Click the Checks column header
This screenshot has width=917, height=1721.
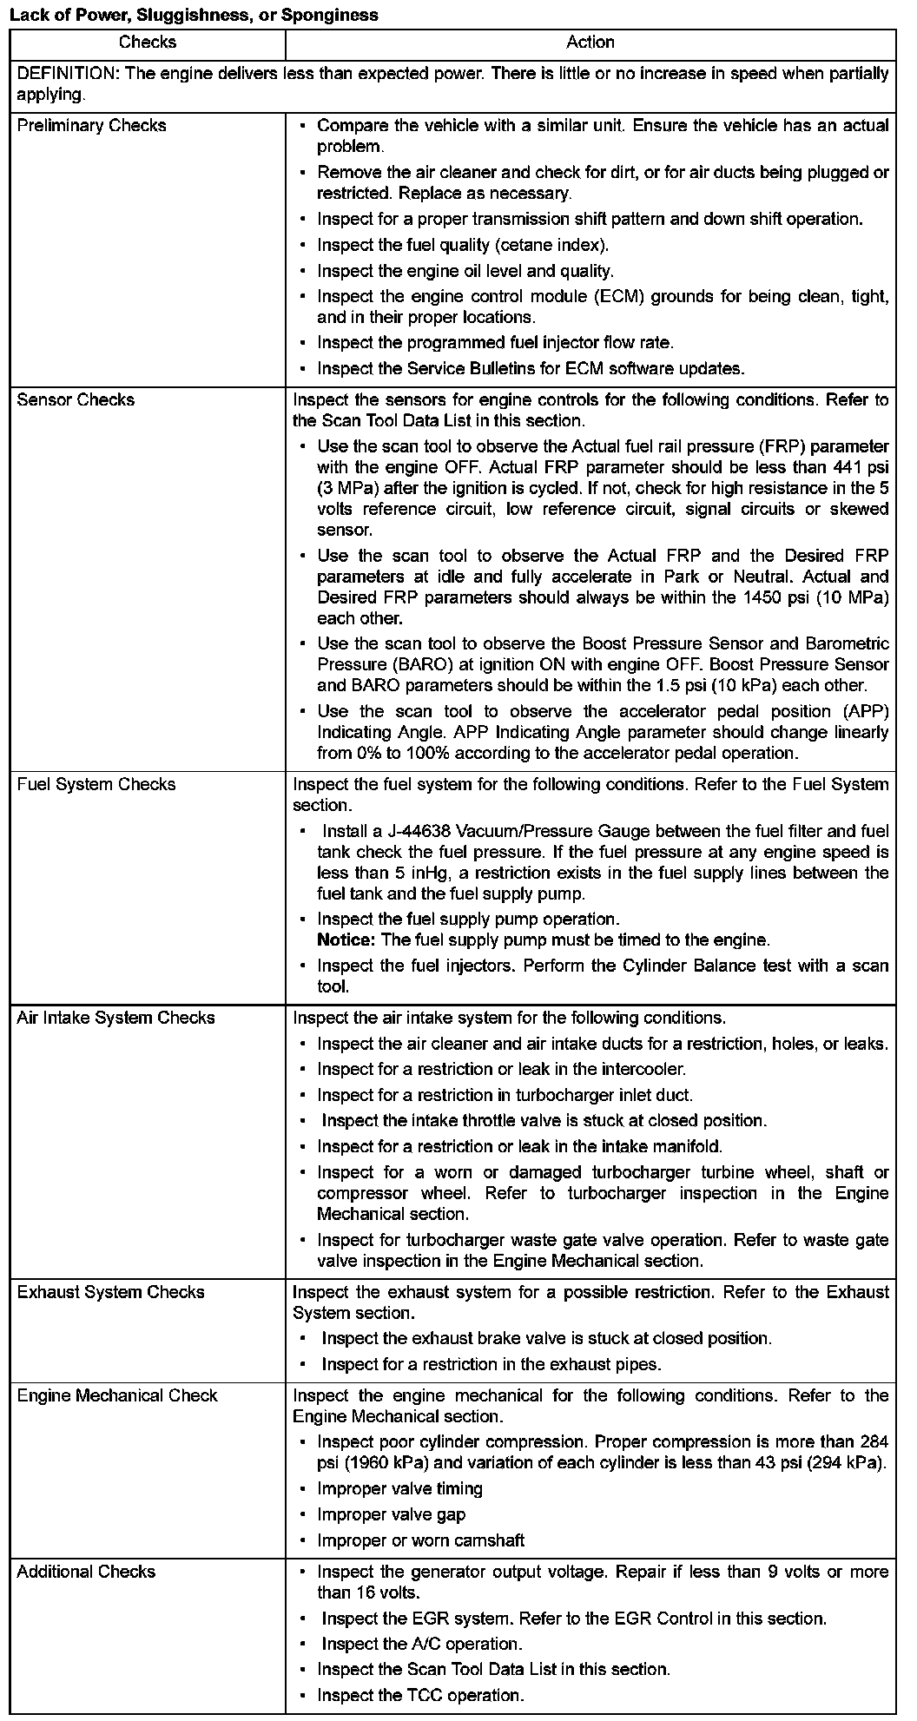pos(147,43)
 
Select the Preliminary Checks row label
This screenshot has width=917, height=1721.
pos(91,126)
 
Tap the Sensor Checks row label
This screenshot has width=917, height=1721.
pos(76,400)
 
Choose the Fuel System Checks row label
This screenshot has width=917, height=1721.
pos(96,785)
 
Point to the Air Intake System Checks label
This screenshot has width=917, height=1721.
pos(115,1018)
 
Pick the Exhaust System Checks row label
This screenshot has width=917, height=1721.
pos(110,1292)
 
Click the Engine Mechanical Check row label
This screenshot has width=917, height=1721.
pos(117,1395)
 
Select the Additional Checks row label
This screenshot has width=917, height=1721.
pos(86,1572)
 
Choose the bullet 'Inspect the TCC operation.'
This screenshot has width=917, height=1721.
pos(420,1695)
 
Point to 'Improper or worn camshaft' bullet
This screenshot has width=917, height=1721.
pos(420,1540)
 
